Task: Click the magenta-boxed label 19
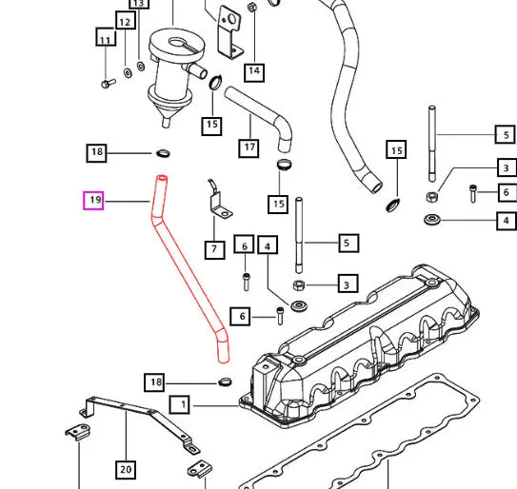[x=93, y=201]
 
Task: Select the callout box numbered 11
[x=106, y=36]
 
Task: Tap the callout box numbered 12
[x=126, y=20]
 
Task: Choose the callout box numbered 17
[x=249, y=148]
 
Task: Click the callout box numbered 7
[x=214, y=250]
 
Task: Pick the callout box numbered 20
[x=126, y=470]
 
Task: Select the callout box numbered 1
[x=180, y=404]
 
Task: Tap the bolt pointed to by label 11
[x=109, y=83]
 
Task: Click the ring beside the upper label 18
[x=163, y=153]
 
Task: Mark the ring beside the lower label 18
[x=225, y=381]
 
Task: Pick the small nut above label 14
[x=252, y=7]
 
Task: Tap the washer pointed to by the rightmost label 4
[x=431, y=220]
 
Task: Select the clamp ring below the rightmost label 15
[x=392, y=205]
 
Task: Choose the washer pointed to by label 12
[x=128, y=73]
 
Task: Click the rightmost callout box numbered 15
[x=396, y=150]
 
